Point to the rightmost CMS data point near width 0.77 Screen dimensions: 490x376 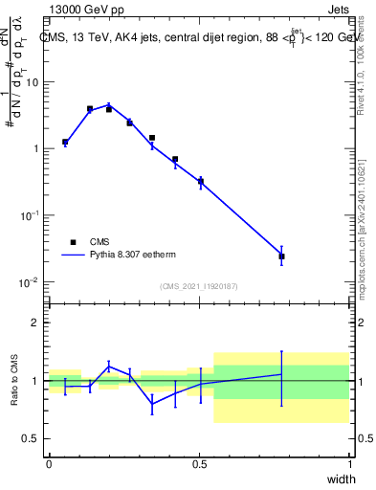281,256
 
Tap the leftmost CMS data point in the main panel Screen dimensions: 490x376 65,143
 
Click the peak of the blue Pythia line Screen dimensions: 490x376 110,105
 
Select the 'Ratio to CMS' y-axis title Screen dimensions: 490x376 16,381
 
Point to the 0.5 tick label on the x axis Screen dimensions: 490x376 199,463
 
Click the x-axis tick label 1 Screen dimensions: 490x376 349,463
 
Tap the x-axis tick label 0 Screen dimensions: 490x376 49,463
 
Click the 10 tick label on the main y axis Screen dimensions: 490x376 32,82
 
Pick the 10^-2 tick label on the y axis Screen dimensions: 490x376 30,281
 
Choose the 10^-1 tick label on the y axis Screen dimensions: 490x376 30,215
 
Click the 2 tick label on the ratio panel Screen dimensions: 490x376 35,323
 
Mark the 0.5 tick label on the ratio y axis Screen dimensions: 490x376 32,438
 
